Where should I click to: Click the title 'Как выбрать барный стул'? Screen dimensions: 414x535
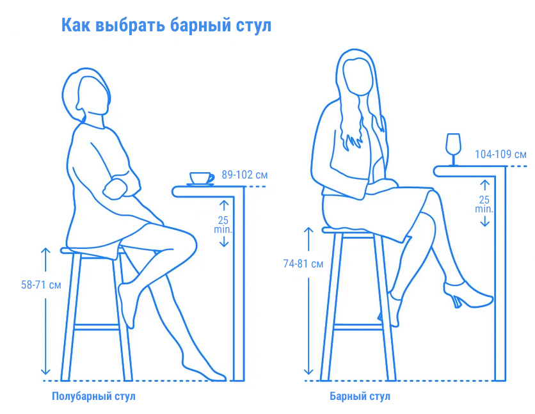pos(166,25)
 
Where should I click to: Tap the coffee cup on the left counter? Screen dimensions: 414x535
pos(201,178)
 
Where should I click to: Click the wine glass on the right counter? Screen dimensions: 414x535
pos(453,150)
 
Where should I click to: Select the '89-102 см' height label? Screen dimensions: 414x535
pos(244,174)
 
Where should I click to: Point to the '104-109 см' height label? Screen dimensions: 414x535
pos(500,155)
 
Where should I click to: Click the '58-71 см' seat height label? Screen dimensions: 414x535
pos(41,285)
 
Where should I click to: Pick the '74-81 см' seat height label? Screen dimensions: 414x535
pos(303,264)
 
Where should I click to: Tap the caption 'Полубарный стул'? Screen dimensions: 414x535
pos(93,396)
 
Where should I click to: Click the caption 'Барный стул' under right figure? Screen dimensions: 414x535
pos(360,396)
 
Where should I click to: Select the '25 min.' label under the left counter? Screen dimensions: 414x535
pos(223,223)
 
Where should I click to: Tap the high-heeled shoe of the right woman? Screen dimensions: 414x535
pos(470,295)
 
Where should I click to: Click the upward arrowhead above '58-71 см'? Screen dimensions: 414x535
pos(45,250)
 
